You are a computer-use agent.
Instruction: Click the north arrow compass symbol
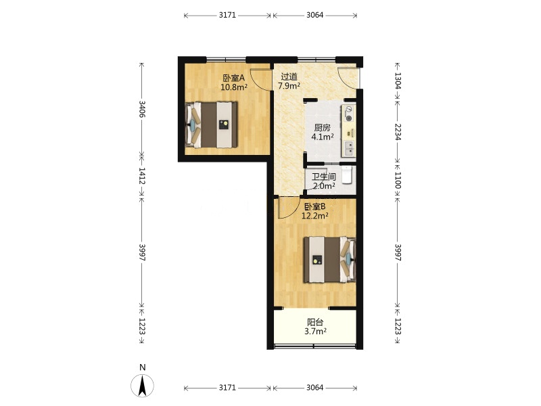point(142,385)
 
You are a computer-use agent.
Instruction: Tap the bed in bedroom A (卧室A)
point(212,125)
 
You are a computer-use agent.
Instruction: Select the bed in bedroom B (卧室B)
point(329,260)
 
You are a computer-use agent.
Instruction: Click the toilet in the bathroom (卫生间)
point(347,175)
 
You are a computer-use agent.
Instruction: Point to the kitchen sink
point(349,148)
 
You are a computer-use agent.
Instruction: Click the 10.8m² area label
point(234,87)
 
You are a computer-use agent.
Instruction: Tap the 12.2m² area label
point(314,216)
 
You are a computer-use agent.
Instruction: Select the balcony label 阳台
point(315,323)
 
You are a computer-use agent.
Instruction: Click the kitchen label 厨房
point(323,128)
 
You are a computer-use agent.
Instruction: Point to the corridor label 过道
point(289,76)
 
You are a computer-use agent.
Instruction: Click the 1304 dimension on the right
point(398,81)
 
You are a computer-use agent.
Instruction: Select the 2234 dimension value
point(398,132)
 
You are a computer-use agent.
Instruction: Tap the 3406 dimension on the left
point(141,109)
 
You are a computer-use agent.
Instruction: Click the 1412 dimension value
point(141,176)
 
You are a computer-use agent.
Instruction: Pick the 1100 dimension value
point(398,180)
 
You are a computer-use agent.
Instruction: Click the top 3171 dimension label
point(227,15)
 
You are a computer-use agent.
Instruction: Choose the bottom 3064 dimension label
point(315,388)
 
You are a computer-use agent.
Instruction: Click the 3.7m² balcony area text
point(315,332)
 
